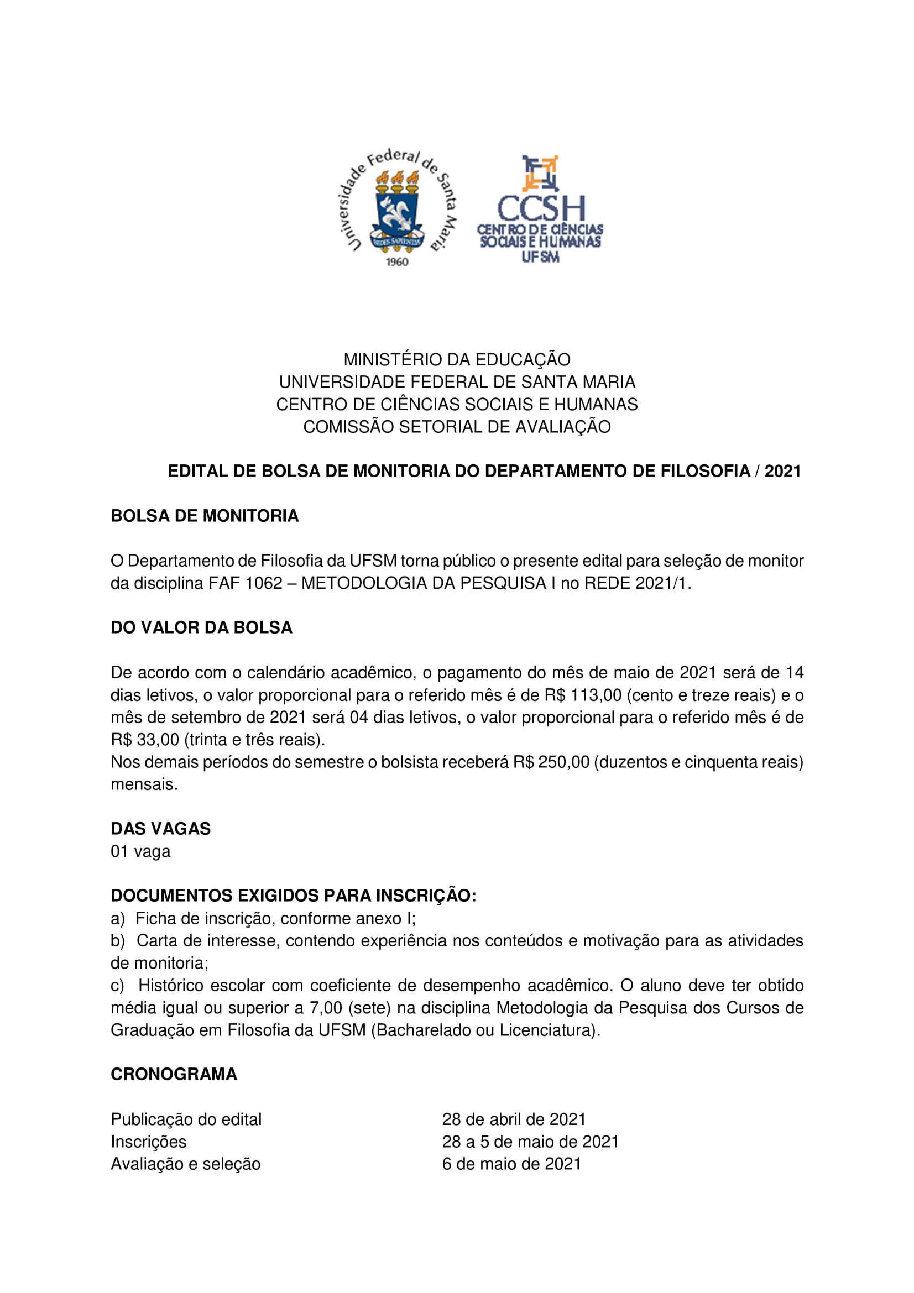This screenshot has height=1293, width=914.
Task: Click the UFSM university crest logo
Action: click(397, 206)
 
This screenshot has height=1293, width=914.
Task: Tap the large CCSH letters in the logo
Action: click(541, 209)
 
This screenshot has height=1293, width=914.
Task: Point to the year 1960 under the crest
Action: click(396, 262)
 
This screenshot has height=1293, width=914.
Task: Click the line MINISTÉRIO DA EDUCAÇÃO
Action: click(457, 359)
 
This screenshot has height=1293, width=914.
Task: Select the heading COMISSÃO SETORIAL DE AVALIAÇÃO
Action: click(457, 427)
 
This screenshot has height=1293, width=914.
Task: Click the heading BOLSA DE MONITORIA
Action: click(205, 516)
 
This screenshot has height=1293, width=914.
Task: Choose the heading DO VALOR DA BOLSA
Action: click(202, 627)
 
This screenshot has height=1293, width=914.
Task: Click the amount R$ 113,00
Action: click(583, 695)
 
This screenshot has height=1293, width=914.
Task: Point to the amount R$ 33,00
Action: click(145, 740)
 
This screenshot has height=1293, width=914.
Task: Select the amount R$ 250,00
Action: click(551, 762)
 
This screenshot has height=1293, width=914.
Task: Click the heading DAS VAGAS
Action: click(160, 829)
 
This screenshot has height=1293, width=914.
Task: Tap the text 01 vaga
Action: click(140, 851)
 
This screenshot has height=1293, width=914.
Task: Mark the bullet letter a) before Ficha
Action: click(117, 919)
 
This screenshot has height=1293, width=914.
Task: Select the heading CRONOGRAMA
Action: click(174, 1074)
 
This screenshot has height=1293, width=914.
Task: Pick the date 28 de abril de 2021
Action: click(514, 1119)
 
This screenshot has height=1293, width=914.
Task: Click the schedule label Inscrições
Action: click(148, 1142)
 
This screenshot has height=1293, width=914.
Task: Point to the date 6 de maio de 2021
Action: click(511, 1164)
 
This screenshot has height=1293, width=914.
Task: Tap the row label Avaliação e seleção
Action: click(185, 1164)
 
